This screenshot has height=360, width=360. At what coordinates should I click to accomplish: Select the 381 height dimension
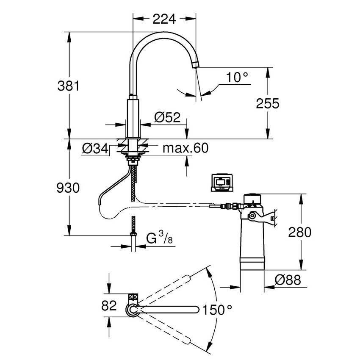click(68, 86)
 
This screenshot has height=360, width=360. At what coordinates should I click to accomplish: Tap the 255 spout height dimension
click(267, 103)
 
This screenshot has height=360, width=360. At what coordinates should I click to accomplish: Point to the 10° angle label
click(236, 78)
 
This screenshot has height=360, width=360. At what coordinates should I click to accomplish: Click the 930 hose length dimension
click(68, 188)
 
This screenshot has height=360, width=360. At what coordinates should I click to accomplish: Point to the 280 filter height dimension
click(300, 232)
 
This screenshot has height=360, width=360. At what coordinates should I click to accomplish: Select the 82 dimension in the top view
click(109, 305)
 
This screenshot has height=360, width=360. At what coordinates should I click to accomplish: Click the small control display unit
click(222, 183)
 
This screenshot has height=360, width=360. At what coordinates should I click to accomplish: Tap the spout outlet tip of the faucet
click(195, 65)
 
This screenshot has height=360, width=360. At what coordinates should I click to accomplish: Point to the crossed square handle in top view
click(133, 298)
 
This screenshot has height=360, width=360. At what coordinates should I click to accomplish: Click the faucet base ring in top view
click(133, 310)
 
